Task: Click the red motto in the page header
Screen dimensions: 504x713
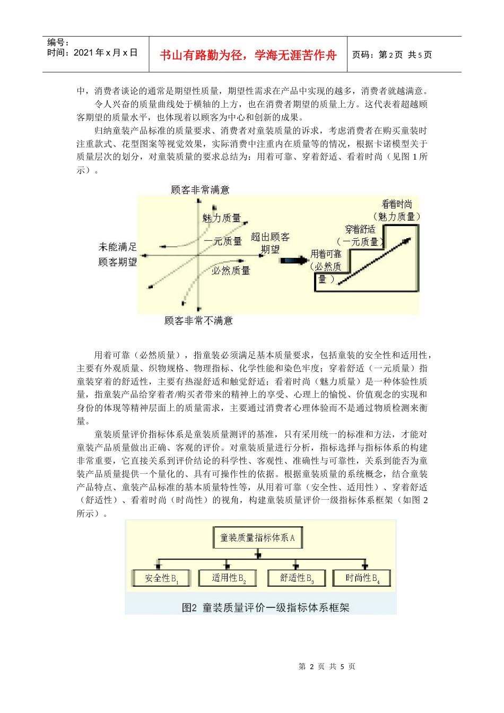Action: (x=248, y=55)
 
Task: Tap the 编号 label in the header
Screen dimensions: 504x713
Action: (x=58, y=42)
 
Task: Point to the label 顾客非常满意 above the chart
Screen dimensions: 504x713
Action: (x=200, y=189)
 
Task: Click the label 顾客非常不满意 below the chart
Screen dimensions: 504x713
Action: (x=198, y=320)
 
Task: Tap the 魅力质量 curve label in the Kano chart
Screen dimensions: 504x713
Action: (x=221, y=218)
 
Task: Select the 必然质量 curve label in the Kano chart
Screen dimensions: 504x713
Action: (x=231, y=271)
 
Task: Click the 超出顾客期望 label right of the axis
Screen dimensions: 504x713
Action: (x=270, y=243)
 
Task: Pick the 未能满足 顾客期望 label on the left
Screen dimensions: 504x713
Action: (x=117, y=254)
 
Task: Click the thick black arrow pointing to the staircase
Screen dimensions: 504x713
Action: (x=293, y=260)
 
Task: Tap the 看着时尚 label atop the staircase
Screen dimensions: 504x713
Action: (x=397, y=204)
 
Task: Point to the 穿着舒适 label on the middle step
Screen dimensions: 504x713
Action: (x=360, y=229)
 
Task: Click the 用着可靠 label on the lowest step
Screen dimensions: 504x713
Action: (x=326, y=254)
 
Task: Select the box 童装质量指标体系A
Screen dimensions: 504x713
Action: (x=257, y=537)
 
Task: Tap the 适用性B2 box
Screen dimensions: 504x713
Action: (x=228, y=578)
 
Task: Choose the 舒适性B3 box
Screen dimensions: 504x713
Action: (x=297, y=578)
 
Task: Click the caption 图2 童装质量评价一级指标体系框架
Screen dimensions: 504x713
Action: (x=265, y=607)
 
